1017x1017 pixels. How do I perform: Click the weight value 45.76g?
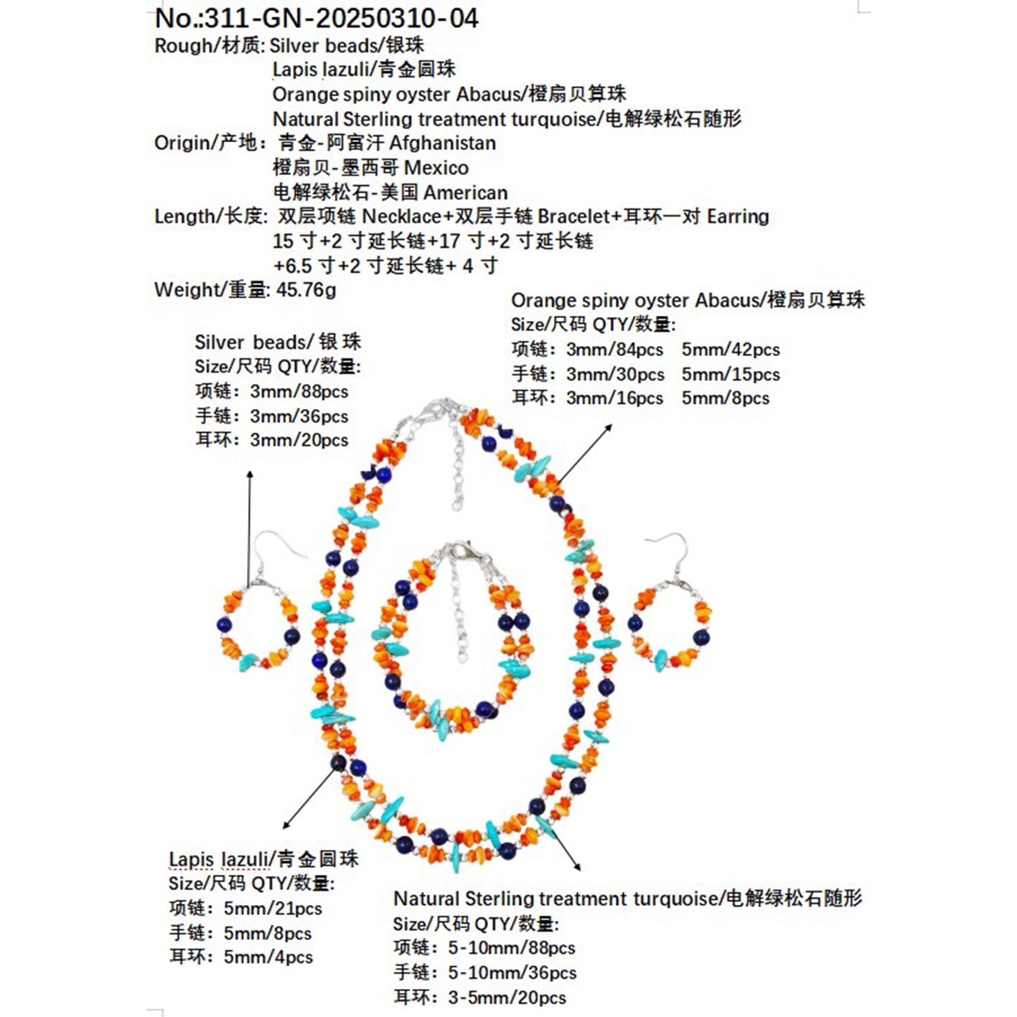(x=306, y=290)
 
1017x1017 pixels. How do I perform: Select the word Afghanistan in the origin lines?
(x=442, y=143)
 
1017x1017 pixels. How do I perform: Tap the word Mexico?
(x=436, y=168)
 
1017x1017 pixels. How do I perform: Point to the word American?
(x=465, y=192)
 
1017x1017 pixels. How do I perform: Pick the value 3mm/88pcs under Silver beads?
(x=299, y=392)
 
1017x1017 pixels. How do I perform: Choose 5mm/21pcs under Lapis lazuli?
(x=273, y=909)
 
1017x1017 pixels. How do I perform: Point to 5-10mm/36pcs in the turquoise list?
(x=512, y=973)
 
